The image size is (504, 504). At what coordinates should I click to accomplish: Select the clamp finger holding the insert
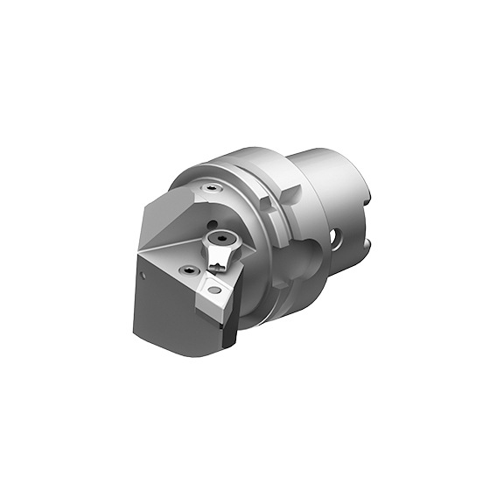point(219,260)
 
